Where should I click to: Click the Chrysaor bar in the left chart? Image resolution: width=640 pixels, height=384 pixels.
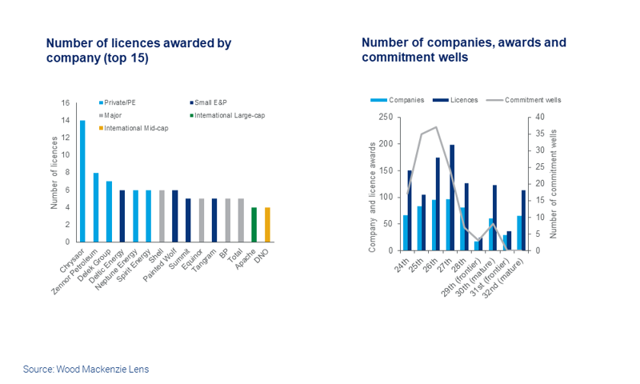[82, 181]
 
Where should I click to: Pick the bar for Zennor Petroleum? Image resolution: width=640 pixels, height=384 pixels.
[96, 207]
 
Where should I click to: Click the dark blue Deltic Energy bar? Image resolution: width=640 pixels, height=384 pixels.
[122, 215]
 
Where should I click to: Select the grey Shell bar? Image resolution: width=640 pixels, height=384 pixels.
[162, 215]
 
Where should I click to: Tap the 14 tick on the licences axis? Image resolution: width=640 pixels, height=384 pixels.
[66, 120]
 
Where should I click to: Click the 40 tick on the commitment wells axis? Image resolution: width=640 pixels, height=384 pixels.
[538, 117]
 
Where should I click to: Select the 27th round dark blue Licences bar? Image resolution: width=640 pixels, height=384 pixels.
[452, 198]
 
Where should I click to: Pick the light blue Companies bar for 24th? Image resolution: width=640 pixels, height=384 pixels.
[406, 232]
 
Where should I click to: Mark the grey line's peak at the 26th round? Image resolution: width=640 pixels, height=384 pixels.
[436, 127]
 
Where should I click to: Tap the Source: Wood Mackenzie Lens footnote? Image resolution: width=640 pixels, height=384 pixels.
[86, 369]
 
